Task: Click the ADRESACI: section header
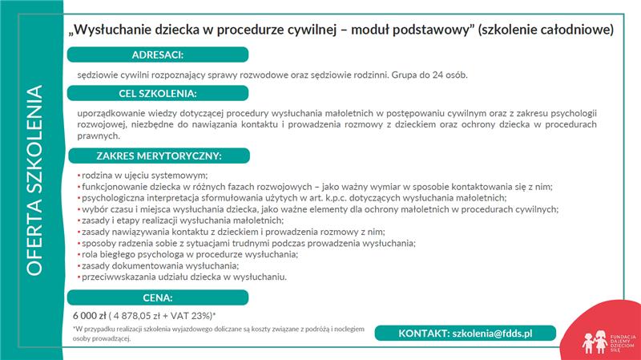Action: point(158,55)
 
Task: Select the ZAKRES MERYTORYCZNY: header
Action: point(158,155)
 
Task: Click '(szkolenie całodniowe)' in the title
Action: point(546,30)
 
